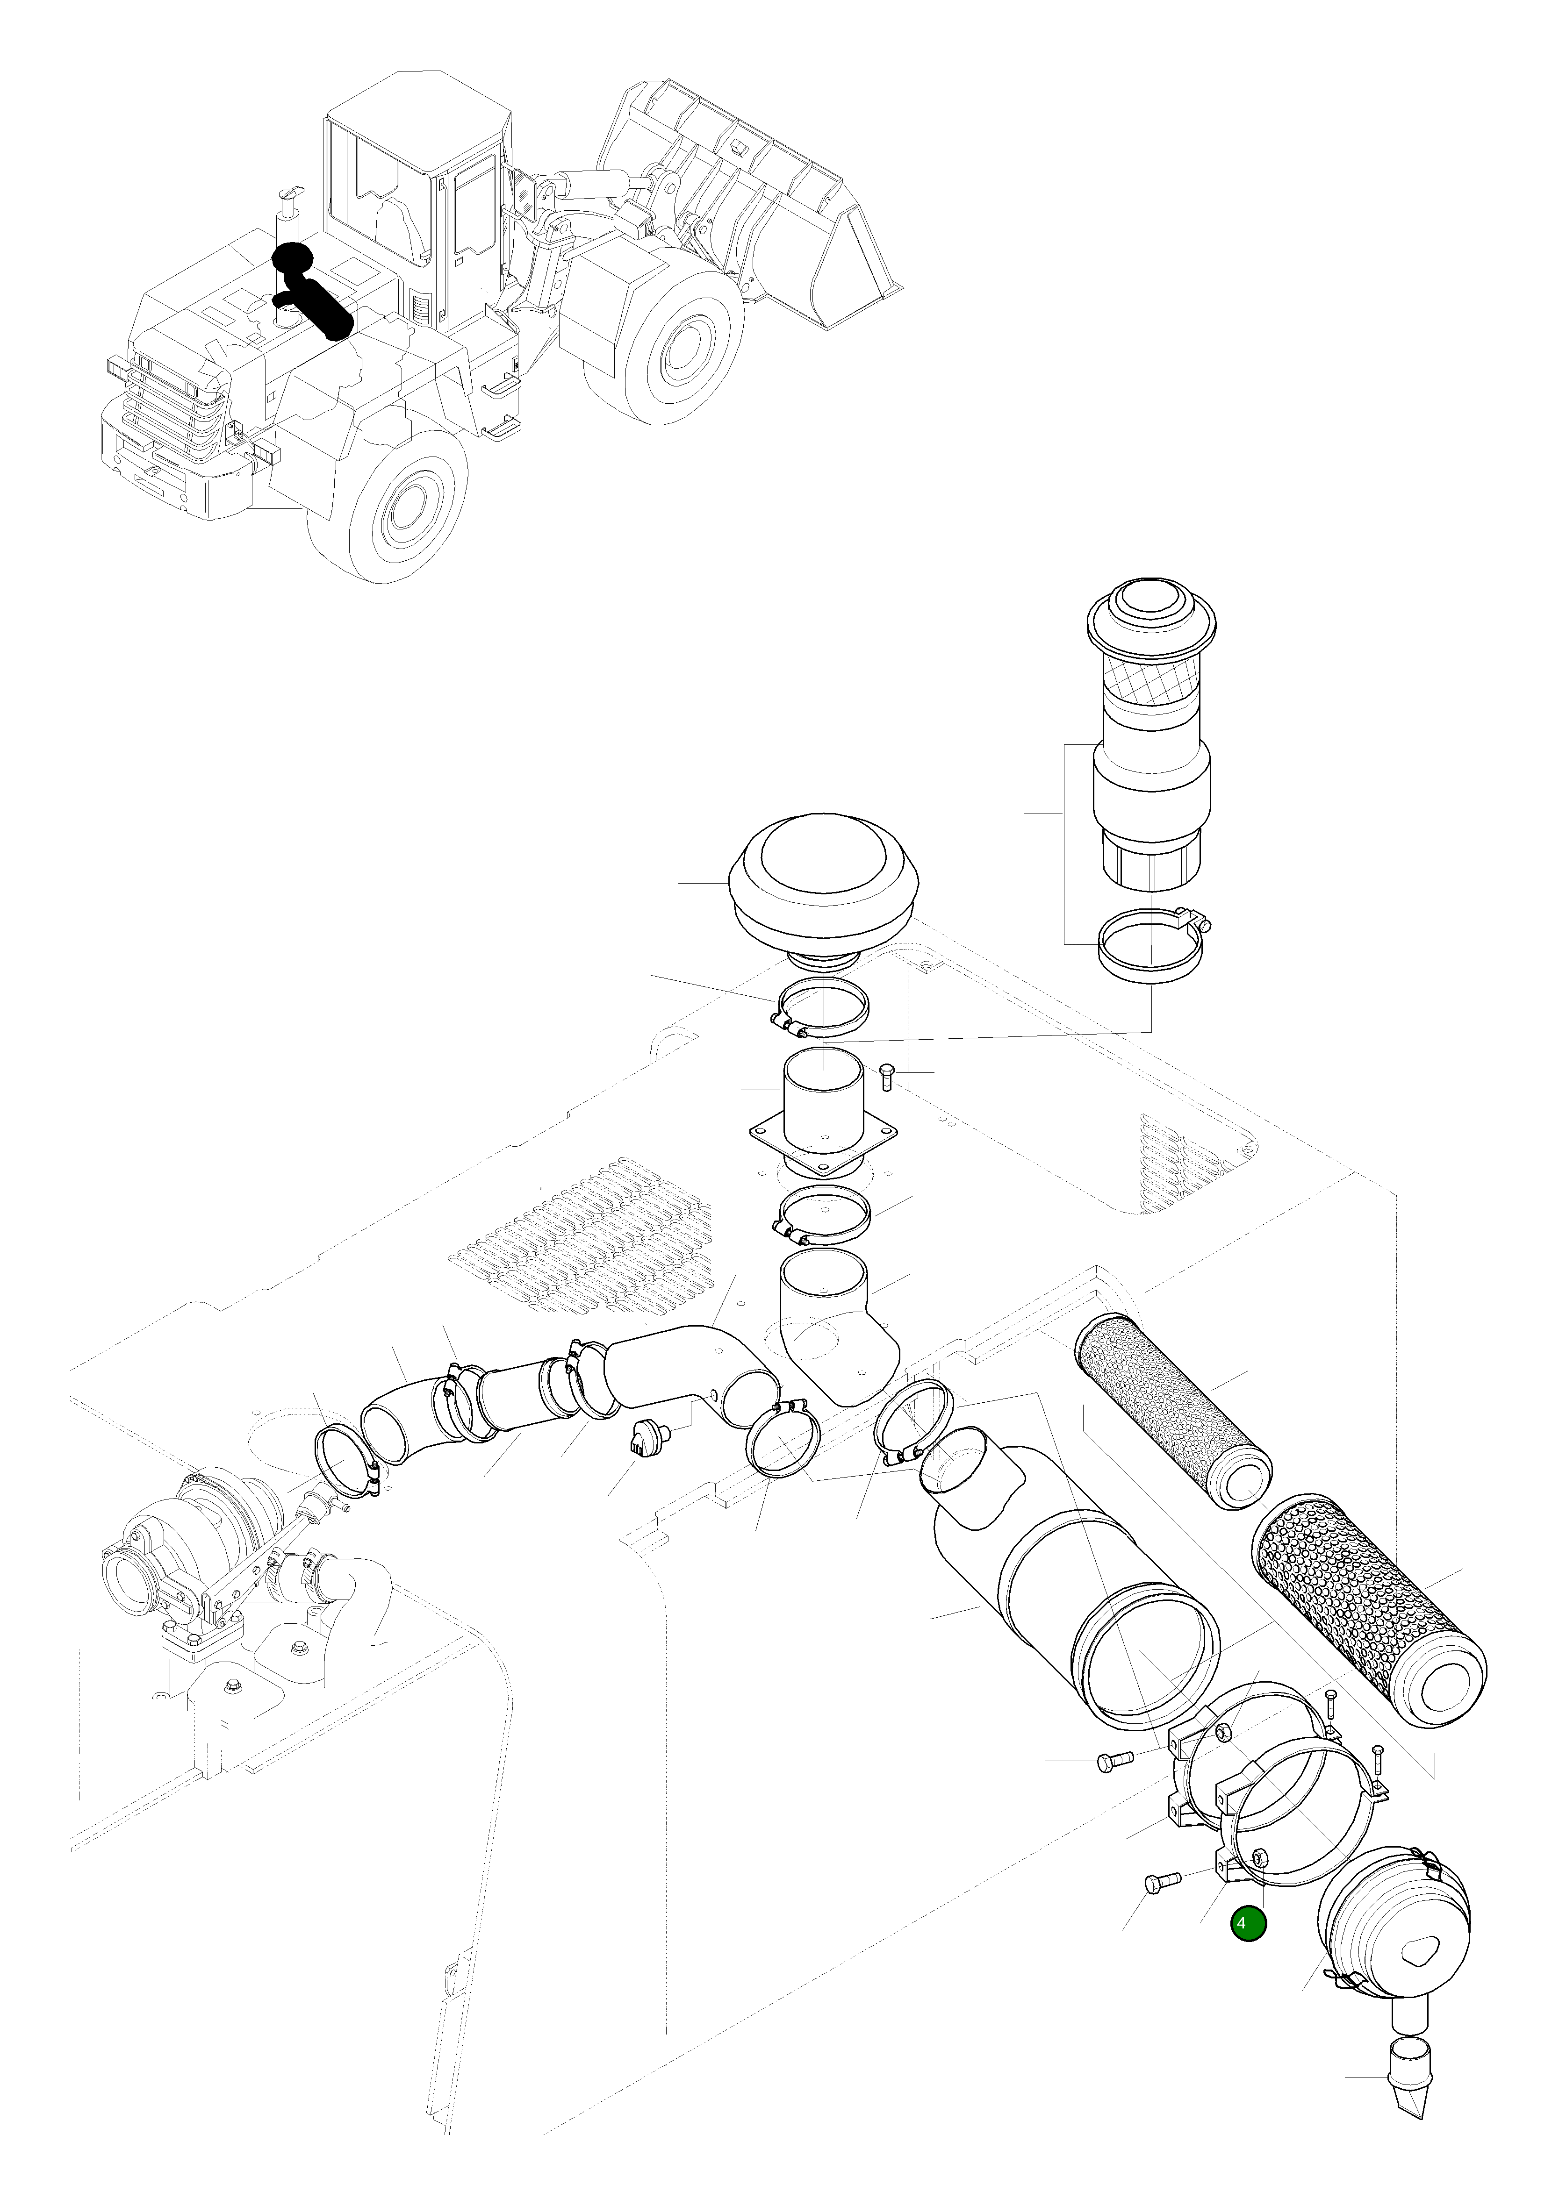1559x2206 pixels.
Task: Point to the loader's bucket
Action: pos(759,211)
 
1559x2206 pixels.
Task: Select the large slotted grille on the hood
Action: pos(586,1249)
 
